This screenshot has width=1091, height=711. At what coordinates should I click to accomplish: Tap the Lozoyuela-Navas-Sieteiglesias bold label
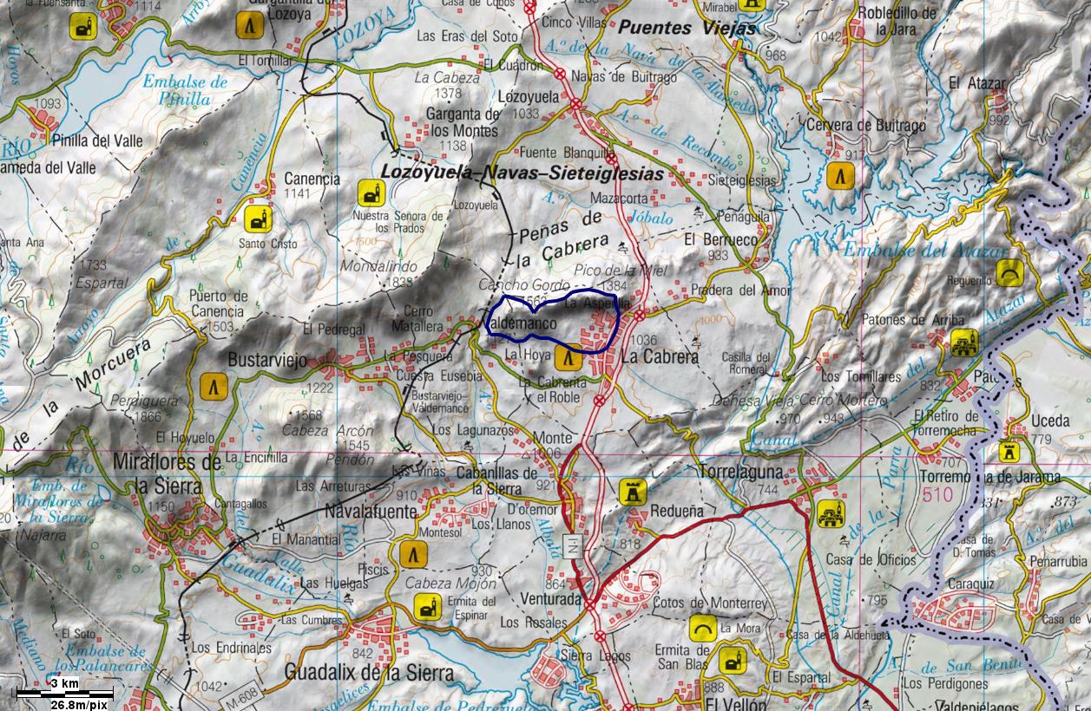[x=522, y=173]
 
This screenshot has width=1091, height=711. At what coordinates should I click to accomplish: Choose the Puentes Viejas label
[x=687, y=28]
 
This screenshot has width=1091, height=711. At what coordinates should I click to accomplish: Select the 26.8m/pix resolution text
[x=79, y=704]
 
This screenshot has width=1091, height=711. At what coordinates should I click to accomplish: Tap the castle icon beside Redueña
[x=632, y=492]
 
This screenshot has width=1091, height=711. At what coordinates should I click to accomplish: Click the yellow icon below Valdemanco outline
[x=569, y=357]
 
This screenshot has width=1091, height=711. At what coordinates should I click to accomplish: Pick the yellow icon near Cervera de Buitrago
[x=838, y=175]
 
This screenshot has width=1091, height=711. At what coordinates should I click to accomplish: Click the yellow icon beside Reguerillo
[x=1009, y=272]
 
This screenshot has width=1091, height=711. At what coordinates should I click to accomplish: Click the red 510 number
[x=937, y=495]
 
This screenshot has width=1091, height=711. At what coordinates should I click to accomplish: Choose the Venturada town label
[x=551, y=598]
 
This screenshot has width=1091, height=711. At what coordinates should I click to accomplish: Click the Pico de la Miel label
[x=612, y=271]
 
